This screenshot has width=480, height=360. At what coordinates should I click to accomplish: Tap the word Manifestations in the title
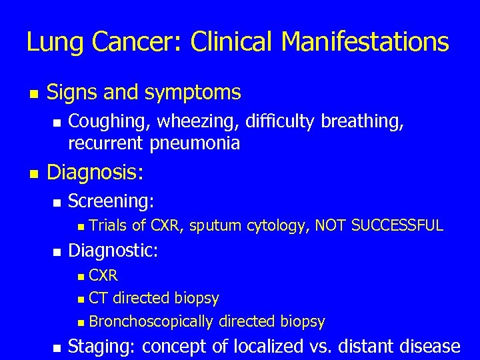tap(365, 43)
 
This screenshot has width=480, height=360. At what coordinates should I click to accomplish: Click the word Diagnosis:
tap(95, 173)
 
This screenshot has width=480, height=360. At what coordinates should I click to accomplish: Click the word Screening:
tap(111, 201)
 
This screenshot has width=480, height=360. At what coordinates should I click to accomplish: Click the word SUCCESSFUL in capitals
tap(397, 225)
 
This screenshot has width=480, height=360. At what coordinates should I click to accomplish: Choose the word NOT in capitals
tap(330, 225)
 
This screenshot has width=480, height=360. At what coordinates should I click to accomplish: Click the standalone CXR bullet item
tap(103, 275)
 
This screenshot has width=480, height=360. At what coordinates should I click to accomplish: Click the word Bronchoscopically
tap(151, 322)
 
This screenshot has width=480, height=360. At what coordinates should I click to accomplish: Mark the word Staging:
tap(102, 347)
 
